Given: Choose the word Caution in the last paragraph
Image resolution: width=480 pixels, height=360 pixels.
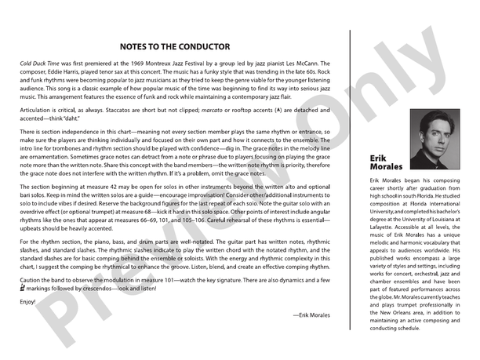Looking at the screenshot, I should point(32,279).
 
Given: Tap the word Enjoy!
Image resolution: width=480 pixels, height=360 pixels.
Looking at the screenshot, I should point(28,301).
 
